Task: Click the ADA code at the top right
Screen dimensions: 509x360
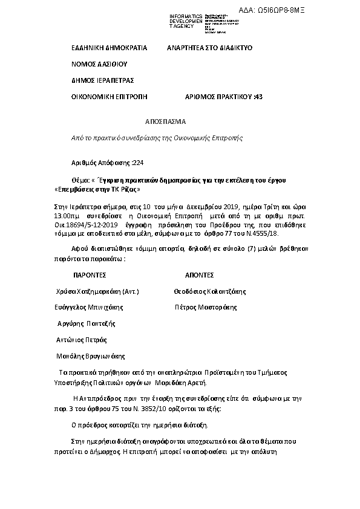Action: [315, 10]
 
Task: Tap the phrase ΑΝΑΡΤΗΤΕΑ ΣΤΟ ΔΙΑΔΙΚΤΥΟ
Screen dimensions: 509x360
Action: [209, 47]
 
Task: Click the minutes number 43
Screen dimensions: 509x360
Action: [259, 96]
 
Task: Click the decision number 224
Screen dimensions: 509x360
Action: [138, 163]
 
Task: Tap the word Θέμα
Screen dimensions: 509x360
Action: [80, 180]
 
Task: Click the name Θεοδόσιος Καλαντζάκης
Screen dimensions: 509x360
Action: [210, 291]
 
